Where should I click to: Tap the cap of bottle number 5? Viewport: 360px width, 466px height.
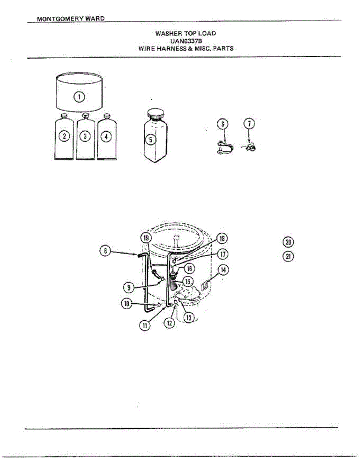click(156, 115)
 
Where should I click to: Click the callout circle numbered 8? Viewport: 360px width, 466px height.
click(104, 251)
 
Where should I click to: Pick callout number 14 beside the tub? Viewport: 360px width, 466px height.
click(223, 269)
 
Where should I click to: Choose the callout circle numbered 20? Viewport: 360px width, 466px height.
click(288, 242)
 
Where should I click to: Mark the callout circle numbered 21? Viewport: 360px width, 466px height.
click(288, 257)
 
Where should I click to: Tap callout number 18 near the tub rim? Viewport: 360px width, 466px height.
click(222, 238)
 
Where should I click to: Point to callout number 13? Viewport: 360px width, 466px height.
click(188, 318)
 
